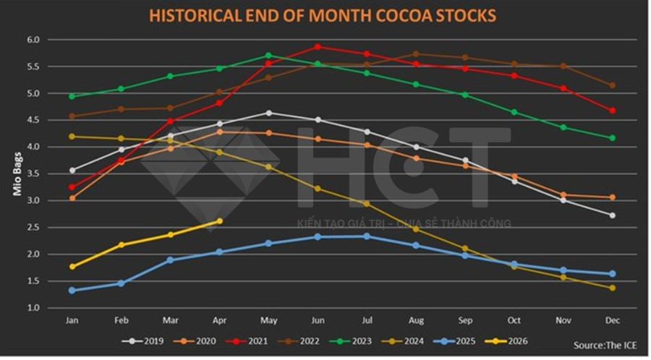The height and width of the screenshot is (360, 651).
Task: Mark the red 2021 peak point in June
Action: pyautogui.click(x=317, y=47)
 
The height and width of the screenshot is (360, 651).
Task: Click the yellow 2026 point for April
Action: pyautogui.click(x=219, y=221)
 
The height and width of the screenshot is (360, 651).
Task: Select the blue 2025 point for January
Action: pyautogui.click(x=72, y=291)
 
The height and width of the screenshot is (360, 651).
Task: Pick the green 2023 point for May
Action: pyautogui.click(x=268, y=56)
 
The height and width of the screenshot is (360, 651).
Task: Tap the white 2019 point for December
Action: pyautogui.click(x=612, y=215)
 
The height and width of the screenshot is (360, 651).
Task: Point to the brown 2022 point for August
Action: pyautogui.click(x=415, y=54)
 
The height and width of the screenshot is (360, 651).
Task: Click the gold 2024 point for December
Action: pyautogui.click(x=612, y=288)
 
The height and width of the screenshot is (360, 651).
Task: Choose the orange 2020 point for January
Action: pyautogui.click(x=72, y=198)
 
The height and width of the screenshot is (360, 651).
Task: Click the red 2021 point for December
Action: pyautogui.click(x=612, y=111)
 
